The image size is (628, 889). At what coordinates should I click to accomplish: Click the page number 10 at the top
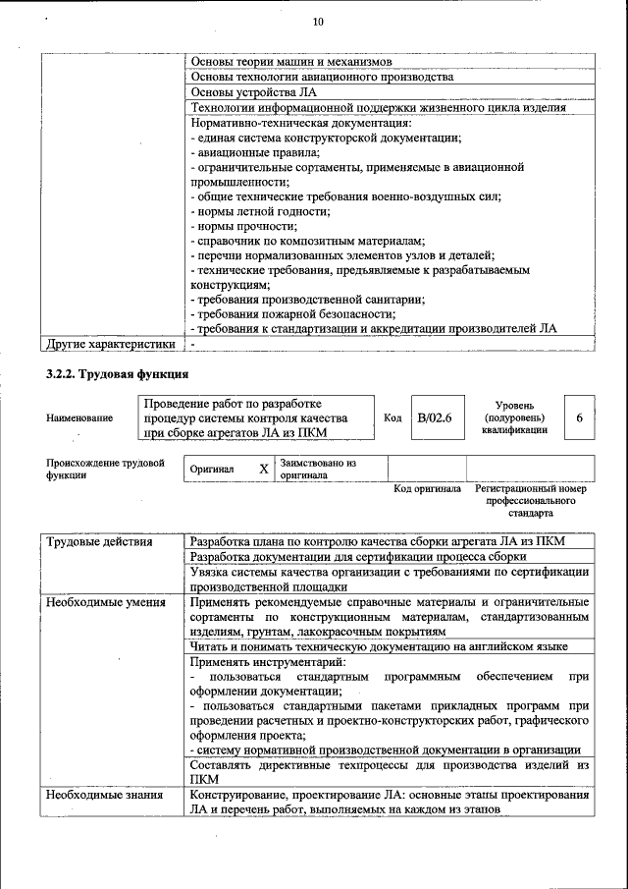click(317, 22)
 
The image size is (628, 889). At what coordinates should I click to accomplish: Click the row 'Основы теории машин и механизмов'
click(291, 61)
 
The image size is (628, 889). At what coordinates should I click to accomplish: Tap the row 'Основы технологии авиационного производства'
click(322, 77)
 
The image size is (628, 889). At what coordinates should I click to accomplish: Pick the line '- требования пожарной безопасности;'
click(293, 314)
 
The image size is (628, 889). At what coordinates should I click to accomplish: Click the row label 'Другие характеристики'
click(111, 344)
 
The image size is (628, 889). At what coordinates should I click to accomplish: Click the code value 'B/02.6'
click(434, 417)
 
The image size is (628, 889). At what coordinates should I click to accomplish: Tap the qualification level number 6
click(579, 417)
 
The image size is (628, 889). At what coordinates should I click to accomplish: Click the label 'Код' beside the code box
click(392, 417)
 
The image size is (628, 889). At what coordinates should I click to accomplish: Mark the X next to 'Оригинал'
click(263, 469)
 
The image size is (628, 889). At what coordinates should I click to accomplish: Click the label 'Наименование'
click(79, 417)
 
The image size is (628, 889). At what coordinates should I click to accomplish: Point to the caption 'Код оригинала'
click(427, 488)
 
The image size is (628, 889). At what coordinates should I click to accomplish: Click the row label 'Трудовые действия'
click(99, 541)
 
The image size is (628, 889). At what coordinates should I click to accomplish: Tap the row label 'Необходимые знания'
click(103, 795)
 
